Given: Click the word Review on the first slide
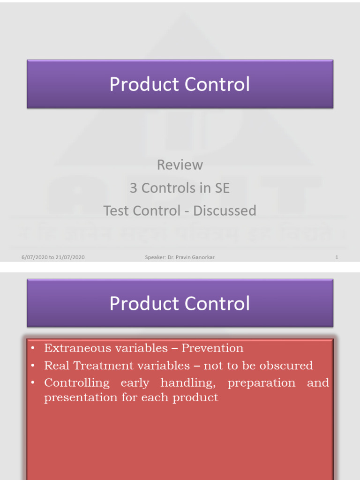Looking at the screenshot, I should point(180,165).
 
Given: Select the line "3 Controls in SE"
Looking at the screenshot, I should point(180,188).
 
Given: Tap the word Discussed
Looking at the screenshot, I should point(225,211).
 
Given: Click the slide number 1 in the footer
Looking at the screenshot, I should point(337,257).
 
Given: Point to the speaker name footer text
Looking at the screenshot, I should point(180,257).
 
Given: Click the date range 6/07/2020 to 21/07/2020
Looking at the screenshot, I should point(53,257).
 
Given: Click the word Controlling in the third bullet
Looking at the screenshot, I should point(77,383).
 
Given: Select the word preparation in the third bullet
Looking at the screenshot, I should point(261,383).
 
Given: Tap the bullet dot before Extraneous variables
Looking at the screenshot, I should point(33,349).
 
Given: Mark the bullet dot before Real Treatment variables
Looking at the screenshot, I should point(33,366).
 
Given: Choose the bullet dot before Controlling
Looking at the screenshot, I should point(33,383).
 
